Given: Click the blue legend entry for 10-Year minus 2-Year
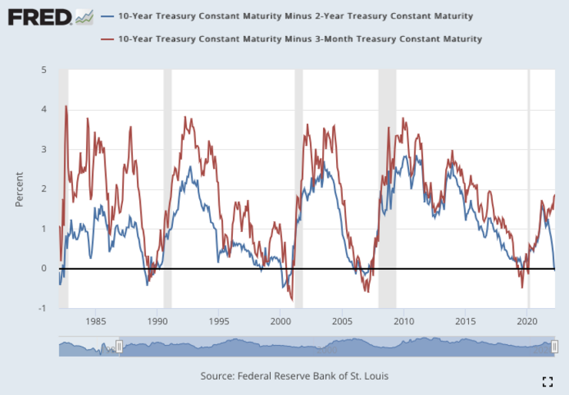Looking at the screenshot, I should pyautogui.click(x=292, y=16).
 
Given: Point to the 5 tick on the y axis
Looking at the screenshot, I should pyautogui.click(x=44, y=70).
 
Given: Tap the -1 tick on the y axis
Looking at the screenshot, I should pyautogui.click(x=42, y=308).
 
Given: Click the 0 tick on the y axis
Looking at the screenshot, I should pyautogui.click(x=44, y=268).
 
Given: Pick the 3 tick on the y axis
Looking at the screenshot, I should pyautogui.click(x=44, y=149).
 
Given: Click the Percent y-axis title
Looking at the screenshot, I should pyautogui.click(x=19, y=188).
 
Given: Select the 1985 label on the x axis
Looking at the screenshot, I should pyautogui.click(x=95, y=322).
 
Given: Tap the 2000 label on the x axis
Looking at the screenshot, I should pyautogui.click(x=281, y=322).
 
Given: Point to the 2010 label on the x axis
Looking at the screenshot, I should pyautogui.click(x=404, y=322).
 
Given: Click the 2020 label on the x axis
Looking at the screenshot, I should pyautogui.click(x=527, y=322).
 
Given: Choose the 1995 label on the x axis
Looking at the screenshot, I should pyautogui.click(x=219, y=322).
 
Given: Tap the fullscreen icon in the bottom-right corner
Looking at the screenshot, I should pyautogui.click(x=548, y=381).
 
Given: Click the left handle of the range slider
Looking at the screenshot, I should pyautogui.click(x=119, y=347).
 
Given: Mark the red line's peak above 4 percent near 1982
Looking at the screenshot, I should pyautogui.click(x=66, y=106).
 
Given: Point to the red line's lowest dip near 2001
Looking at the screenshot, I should pyautogui.click(x=291, y=300).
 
